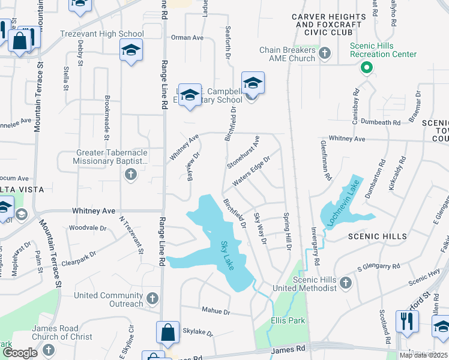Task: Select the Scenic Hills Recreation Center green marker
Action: point(366,68)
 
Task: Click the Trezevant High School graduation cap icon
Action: point(130,50)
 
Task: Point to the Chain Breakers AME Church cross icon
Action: point(325,54)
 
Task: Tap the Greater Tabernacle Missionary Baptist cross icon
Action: point(130,175)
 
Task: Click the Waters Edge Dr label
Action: point(252,172)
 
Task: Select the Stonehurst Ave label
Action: point(243,152)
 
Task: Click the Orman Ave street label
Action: point(187,37)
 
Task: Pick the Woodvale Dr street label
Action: point(87,228)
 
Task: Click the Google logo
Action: point(20,352)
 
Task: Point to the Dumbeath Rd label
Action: point(381,122)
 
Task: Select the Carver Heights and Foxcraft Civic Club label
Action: point(328,24)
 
